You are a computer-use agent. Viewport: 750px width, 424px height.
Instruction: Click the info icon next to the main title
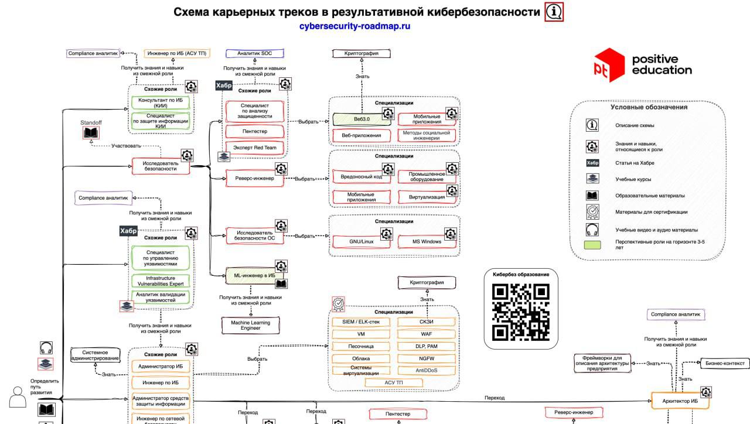tap(554, 12)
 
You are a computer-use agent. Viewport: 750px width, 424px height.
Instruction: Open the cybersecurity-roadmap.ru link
tap(354, 26)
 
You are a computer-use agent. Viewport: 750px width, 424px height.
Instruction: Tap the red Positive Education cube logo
tap(609, 65)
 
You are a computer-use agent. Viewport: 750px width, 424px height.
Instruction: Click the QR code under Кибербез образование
tap(520, 312)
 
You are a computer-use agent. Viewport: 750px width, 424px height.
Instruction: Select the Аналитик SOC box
tap(254, 53)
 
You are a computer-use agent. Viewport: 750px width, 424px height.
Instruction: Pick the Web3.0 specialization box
tap(362, 119)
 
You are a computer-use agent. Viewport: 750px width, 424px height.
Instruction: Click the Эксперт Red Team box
tap(254, 148)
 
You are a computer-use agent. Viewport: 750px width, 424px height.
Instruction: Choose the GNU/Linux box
tap(362, 241)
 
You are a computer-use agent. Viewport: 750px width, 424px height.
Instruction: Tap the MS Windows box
tap(427, 241)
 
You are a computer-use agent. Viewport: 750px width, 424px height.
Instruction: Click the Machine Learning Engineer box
tap(250, 325)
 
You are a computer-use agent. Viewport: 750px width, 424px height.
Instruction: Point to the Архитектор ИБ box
tap(680, 401)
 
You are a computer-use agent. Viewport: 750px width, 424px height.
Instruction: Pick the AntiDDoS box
tap(427, 370)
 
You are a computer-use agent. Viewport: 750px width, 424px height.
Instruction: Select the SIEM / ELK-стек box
tap(361, 322)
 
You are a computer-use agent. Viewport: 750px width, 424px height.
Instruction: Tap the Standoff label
tap(91, 122)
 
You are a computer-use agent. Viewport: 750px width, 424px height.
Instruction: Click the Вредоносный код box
tap(361, 176)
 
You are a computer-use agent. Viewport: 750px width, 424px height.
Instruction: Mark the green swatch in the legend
tap(592, 244)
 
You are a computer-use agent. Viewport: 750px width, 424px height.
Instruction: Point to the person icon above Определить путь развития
tap(18, 399)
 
